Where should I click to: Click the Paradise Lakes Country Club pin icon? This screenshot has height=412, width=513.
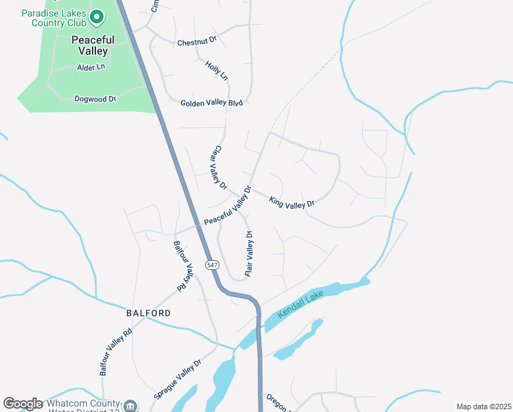(97, 16)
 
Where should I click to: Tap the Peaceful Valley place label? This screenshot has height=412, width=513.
(93, 45)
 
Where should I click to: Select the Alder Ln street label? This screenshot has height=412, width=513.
(91, 67)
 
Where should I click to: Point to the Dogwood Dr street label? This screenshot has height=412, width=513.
(95, 100)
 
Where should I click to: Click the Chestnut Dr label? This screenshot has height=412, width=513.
(197, 43)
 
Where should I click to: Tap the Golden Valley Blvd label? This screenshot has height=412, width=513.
(212, 103)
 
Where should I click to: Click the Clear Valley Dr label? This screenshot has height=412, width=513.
(219, 167)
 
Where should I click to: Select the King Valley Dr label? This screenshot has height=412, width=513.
(291, 203)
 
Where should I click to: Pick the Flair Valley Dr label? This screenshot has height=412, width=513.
(250, 253)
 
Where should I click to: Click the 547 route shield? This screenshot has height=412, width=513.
(212, 265)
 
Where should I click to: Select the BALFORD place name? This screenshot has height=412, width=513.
(148, 313)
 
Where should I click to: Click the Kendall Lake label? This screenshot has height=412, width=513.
(300, 304)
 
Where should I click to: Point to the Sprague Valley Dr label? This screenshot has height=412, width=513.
(177, 379)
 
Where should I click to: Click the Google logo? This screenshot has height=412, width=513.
(23, 404)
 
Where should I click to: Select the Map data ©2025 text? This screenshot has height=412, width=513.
(483, 407)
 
